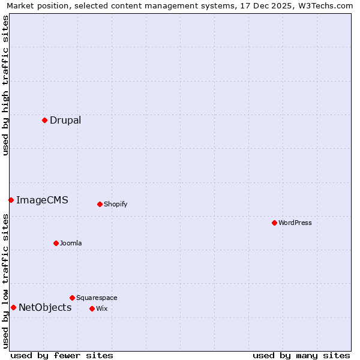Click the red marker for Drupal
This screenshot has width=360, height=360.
point(44,120)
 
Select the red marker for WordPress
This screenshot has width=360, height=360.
point(274,223)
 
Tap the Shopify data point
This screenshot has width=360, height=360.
point(100,204)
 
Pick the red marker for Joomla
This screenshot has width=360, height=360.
point(56,243)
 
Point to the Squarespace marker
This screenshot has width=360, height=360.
point(72,298)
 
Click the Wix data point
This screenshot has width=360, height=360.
point(92,308)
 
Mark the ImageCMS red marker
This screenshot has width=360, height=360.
point(11,200)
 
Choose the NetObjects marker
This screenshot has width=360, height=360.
point(13,307)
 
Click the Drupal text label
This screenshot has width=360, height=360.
point(65,120)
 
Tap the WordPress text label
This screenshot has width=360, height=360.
point(295,223)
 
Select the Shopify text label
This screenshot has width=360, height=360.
point(116,204)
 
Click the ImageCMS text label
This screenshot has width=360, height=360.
point(42,200)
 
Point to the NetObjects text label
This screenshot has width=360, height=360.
point(45,307)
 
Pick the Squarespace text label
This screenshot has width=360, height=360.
point(97,298)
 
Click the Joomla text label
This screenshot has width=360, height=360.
point(71,243)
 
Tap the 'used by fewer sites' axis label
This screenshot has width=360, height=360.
point(62,355)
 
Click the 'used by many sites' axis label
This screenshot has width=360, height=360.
point(301,355)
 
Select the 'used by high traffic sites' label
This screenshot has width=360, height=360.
point(5,85)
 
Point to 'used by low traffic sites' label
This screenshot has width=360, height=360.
point(5,280)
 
